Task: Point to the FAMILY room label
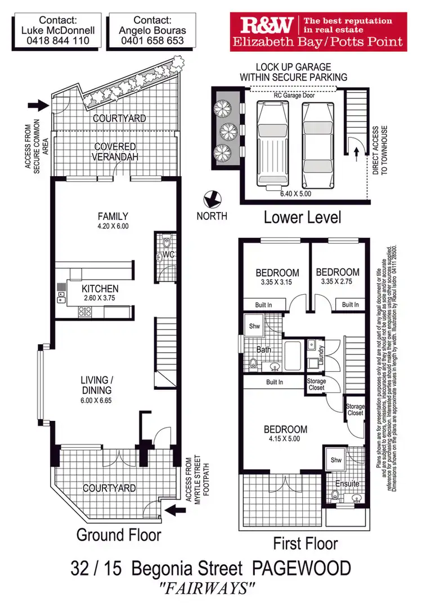pyautogui.click(x=113, y=216)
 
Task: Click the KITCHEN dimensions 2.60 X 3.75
pyautogui.click(x=100, y=298)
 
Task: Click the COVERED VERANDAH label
pyautogui.click(x=115, y=152)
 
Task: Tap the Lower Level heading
pyautogui.click(x=302, y=217)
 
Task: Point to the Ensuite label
pyautogui.click(x=347, y=484)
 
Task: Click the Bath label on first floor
pyautogui.click(x=263, y=349)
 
